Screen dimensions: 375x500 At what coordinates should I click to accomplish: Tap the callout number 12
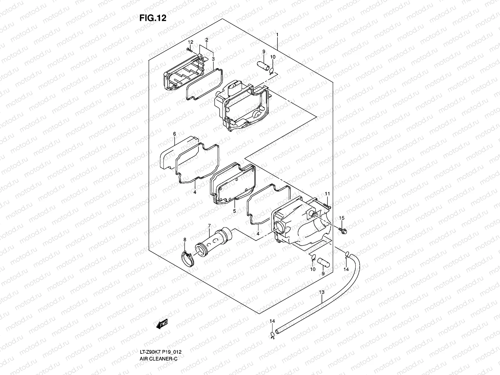pyautogui.click(x=191, y=42)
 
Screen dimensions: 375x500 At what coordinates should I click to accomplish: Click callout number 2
pyautogui.click(x=207, y=40)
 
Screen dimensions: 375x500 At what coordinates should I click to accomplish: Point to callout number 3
pyautogui.click(x=213, y=58)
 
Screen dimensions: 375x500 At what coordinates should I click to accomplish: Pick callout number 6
pyautogui.click(x=174, y=134)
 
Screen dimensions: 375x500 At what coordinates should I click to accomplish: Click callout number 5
pyautogui.click(x=234, y=211)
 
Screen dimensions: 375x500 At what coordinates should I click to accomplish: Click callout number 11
pyautogui.click(x=327, y=194)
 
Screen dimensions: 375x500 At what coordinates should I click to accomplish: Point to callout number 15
pyautogui.click(x=342, y=218)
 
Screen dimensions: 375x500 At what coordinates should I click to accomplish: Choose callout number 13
pyautogui.click(x=322, y=292)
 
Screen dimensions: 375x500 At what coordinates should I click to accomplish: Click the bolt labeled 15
pyautogui.click(x=342, y=232)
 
